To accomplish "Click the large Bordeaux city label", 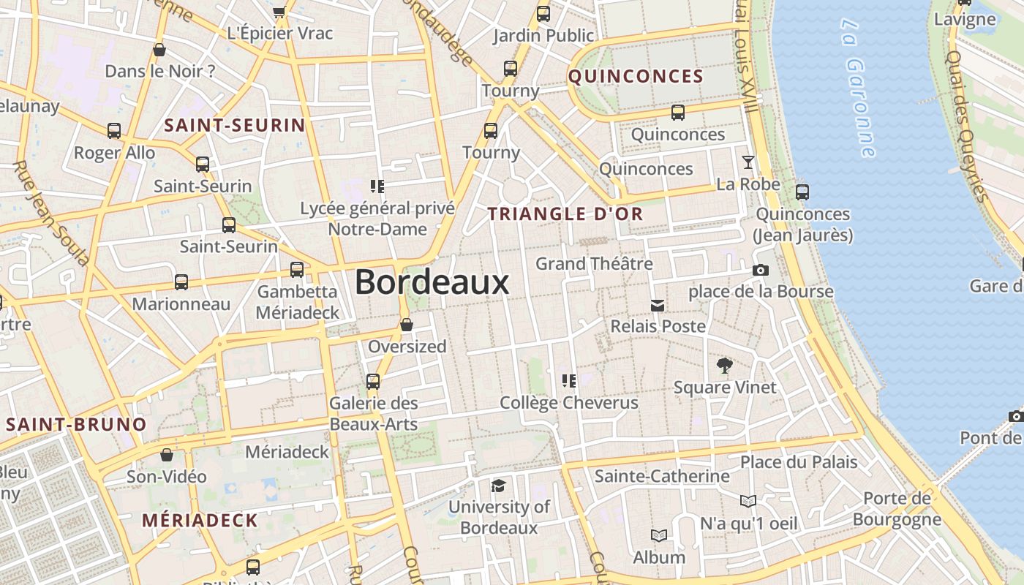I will click(x=432, y=283).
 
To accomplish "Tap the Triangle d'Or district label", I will click(x=565, y=214).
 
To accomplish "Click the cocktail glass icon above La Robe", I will click(x=748, y=162).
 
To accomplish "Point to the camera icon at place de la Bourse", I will click(x=761, y=271).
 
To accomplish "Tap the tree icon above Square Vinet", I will click(x=725, y=365).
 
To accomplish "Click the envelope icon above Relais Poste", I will click(x=658, y=305).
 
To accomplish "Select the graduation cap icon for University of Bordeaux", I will click(x=498, y=486).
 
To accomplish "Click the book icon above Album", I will click(x=659, y=536).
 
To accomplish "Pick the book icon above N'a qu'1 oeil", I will click(x=748, y=501).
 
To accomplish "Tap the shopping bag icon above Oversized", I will click(x=407, y=325).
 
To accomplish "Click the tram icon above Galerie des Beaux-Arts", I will click(x=373, y=381).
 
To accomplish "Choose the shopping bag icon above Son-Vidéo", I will click(x=167, y=455).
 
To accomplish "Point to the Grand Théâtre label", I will click(x=594, y=263).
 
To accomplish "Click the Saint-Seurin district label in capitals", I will click(x=234, y=125).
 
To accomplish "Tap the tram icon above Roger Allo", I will click(x=114, y=131).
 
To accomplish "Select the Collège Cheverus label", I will click(x=568, y=403).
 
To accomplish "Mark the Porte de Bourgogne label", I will click(x=897, y=509).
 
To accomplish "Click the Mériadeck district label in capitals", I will click(x=200, y=521).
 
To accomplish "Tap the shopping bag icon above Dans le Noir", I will click(x=159, y=50).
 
